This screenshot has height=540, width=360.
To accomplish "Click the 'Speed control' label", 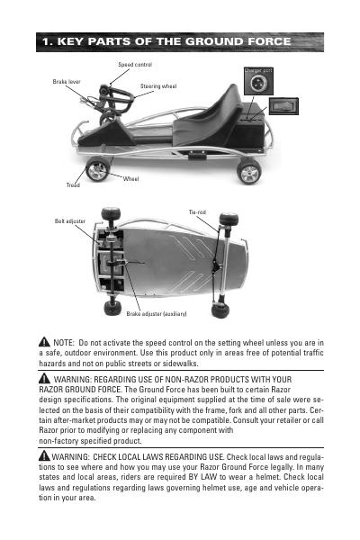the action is [135, 65].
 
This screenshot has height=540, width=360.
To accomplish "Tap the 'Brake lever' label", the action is [67, 82].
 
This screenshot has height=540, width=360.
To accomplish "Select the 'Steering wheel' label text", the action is [158, 86].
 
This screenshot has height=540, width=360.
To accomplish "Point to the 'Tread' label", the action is [73, 184].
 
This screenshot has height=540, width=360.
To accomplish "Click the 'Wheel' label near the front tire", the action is [130, 179].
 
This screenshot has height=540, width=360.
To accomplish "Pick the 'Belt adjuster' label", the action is [70, 221].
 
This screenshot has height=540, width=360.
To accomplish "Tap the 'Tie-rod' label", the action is [197, 212].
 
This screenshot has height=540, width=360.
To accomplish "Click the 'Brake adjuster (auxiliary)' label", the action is [157, 314].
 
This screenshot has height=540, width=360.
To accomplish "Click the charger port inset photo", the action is [258, 81].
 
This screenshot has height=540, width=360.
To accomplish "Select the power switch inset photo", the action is [283, 106].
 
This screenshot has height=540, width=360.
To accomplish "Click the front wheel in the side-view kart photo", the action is [97, 169].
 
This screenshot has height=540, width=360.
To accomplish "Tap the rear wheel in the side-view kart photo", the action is [248, 171].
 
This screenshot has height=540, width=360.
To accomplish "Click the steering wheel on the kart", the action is [117, 100].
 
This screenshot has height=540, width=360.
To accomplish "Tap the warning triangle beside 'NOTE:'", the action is [44, 342].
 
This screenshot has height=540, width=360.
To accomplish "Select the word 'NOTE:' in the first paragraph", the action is [64, 343].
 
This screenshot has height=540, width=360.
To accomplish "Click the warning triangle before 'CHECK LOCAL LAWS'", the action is [44, 455].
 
